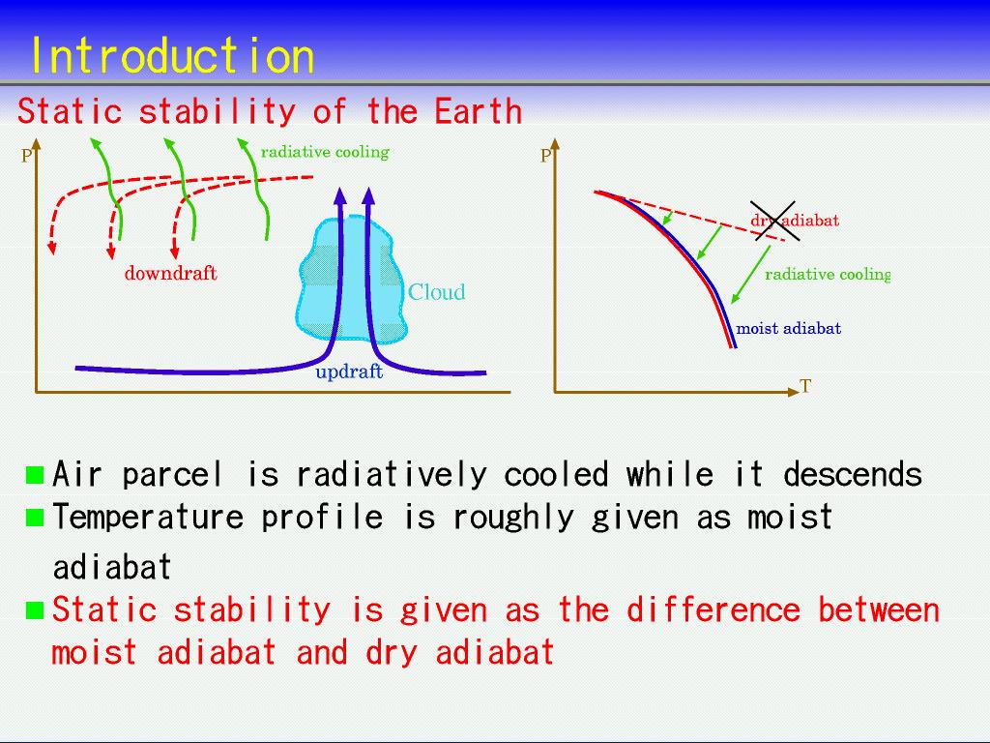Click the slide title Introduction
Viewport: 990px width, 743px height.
coord(172,55)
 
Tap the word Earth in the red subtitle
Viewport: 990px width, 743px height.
coord(478,111)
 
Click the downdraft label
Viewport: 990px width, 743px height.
coord(170,273)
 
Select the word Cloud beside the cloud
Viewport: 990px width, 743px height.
coord(436,292)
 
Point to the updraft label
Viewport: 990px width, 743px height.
coord(349,371)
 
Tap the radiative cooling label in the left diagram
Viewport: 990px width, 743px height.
coord(325,152)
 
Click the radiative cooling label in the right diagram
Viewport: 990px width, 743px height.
coord(828,274)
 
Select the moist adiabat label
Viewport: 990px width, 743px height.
coord(789,329)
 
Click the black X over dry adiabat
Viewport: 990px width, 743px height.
coord(774,221)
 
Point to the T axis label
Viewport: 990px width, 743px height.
coord(805,386)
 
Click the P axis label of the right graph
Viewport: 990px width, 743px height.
coord(546,156)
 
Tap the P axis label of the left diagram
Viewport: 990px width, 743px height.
coord(26,156)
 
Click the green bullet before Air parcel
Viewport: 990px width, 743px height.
coord(35,475)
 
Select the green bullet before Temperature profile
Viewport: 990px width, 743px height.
coord(35,519)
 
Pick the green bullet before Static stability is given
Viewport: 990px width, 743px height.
coord(35,610)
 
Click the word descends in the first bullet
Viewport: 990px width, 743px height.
coord(853,474)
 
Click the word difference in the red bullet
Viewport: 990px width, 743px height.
coord(713,610)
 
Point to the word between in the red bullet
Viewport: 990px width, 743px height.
coord(879,610)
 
